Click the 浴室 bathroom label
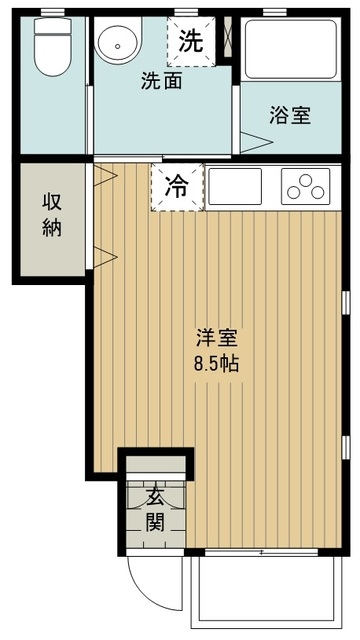(289, 115)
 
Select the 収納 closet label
(52, 214)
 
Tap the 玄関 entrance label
(155, 508)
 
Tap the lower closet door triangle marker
(101, 255)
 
